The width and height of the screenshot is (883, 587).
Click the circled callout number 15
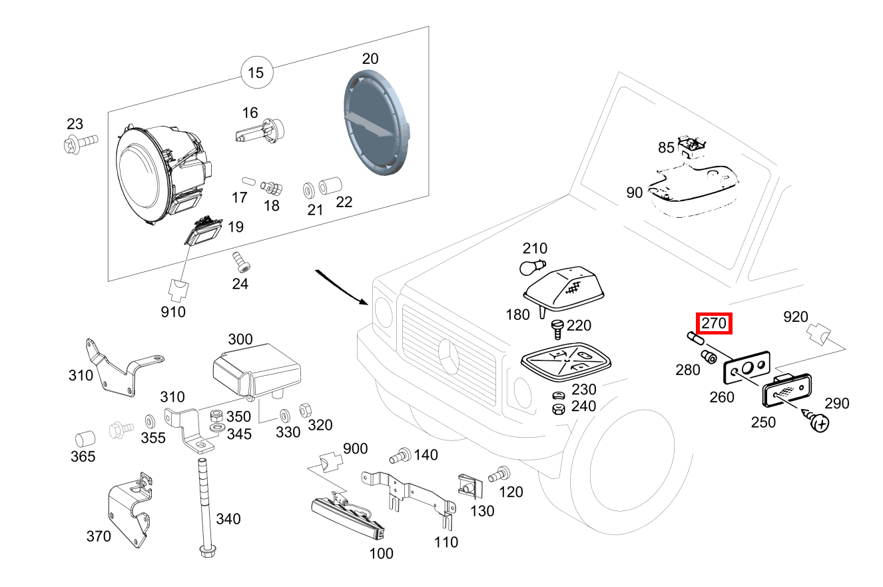point(256,73)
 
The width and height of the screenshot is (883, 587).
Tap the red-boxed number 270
point(714,323)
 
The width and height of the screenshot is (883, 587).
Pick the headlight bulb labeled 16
point(260,131)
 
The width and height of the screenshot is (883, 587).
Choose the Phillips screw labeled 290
point(818,422)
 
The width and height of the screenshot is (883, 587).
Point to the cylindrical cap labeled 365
point(84,439)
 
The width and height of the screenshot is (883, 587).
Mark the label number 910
point(173,311)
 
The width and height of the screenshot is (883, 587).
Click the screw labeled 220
point(558,328)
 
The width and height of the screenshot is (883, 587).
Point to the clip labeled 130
point(467,485)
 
